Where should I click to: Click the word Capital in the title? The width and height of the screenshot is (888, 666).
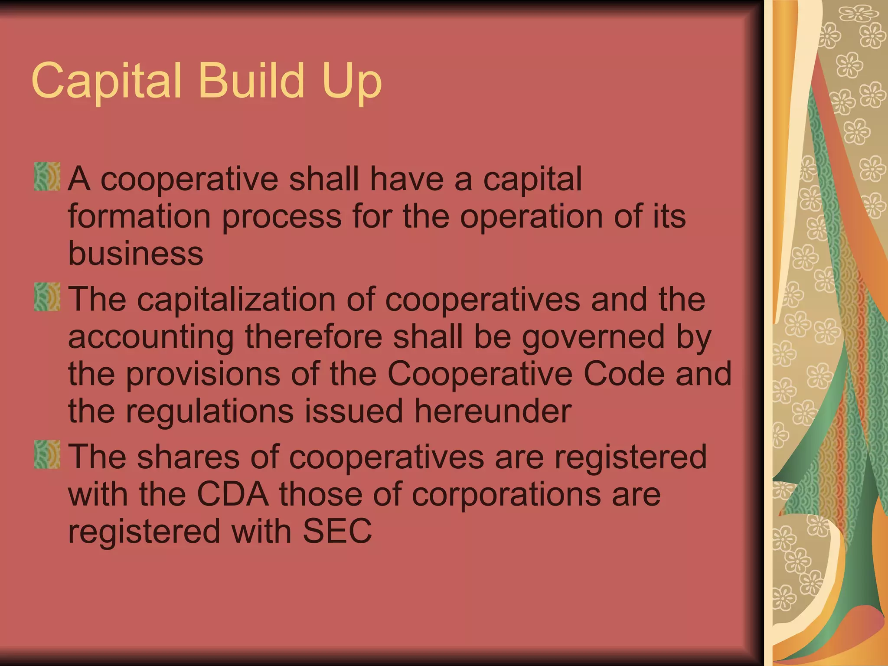(106, 81)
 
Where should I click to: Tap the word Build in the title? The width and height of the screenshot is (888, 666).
(251, 80)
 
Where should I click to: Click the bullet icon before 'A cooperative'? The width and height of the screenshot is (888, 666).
(47, 176)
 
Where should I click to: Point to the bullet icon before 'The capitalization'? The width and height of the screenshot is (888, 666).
(47, 297)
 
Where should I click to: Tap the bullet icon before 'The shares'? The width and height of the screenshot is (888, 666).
(47, 454)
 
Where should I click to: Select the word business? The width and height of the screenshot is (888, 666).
(136, 253)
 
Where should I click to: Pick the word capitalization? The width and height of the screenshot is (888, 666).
(236, 299)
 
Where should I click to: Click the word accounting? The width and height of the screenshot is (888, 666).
(151, 337)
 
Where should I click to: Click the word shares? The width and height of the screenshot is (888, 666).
(188, 457)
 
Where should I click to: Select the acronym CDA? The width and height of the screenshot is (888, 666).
(233, 494)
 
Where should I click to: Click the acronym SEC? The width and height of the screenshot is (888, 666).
(337, 531)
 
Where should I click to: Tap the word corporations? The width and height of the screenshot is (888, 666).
(506, 494)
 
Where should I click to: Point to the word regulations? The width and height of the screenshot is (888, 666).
(210, 412)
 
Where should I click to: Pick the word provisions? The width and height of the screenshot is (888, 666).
(202, 374)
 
